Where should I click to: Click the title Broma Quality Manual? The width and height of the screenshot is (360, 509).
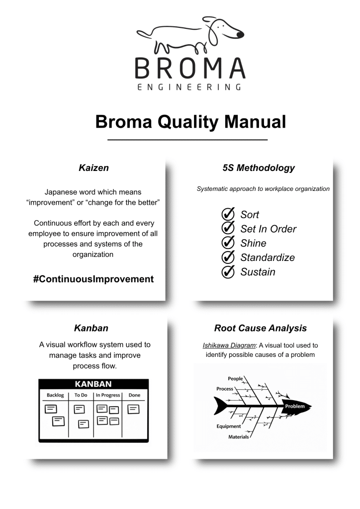190,122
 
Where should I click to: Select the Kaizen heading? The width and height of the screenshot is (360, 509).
93,168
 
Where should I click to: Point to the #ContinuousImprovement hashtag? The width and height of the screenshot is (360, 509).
93,279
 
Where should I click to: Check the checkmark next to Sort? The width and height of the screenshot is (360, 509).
228,215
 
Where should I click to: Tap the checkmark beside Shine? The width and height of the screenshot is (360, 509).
228,244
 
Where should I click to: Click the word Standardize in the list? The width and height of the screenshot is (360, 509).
268,257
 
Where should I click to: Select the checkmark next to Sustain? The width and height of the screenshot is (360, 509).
228,272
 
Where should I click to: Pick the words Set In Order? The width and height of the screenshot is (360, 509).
269,229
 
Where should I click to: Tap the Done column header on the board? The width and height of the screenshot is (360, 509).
134,395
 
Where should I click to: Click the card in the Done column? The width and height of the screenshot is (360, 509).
134,409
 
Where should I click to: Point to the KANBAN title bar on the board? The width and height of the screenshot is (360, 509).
93,384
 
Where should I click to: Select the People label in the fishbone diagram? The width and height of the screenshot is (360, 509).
235,379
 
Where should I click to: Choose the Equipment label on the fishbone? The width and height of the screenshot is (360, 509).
229,426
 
